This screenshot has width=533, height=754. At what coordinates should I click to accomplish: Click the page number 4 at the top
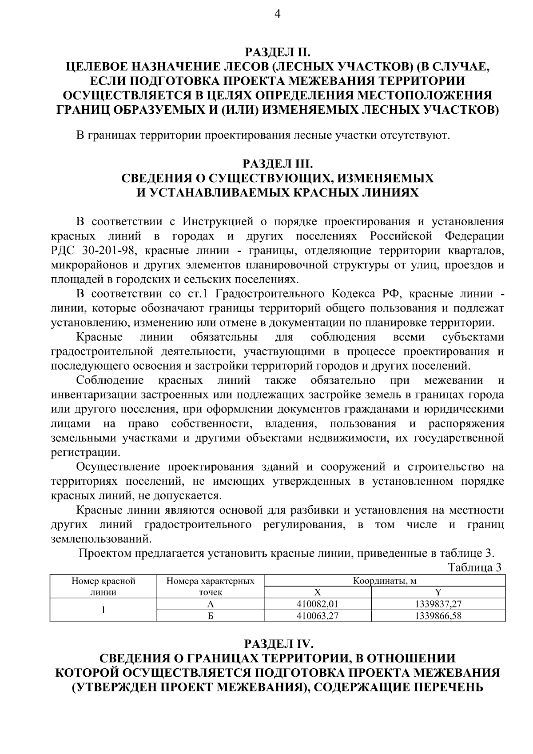(x=277, y=15)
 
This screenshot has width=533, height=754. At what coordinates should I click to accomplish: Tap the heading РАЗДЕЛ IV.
(x=278, y=643)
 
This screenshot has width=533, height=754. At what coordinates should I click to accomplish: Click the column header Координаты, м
(x=384, y=581)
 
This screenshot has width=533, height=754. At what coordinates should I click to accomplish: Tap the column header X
(x=317, y=592)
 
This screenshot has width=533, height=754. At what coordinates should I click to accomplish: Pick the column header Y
(x=438, y=592)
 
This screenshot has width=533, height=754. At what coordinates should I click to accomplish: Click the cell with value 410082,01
(x=317, y=604)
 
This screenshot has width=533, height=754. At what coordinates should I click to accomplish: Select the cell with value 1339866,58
(x=438, y=615)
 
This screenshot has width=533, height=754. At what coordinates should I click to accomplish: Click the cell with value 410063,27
(x=317, y=615)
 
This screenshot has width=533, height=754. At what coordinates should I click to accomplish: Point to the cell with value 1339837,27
(x=438, y=604)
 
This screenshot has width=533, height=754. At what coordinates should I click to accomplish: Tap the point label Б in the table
(x=211, y=615)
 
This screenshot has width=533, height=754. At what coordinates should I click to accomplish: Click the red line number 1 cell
(x=103, y=610)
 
